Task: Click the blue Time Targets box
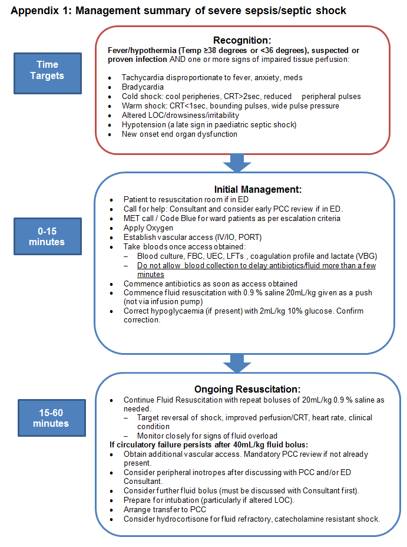tap(51, 70)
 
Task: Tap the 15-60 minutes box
tap(51, 418)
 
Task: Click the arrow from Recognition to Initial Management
tap(237, 163)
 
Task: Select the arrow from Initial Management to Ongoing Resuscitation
tap(237, 363)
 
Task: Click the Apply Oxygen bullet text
tap(148, 228)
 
